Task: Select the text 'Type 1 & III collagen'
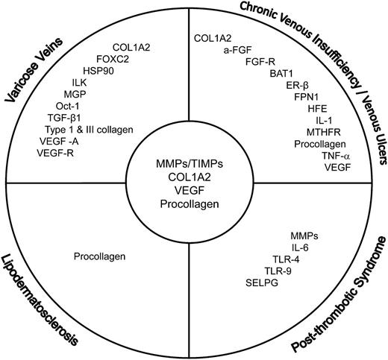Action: coord(89,130)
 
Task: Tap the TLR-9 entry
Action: coord(268,271)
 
